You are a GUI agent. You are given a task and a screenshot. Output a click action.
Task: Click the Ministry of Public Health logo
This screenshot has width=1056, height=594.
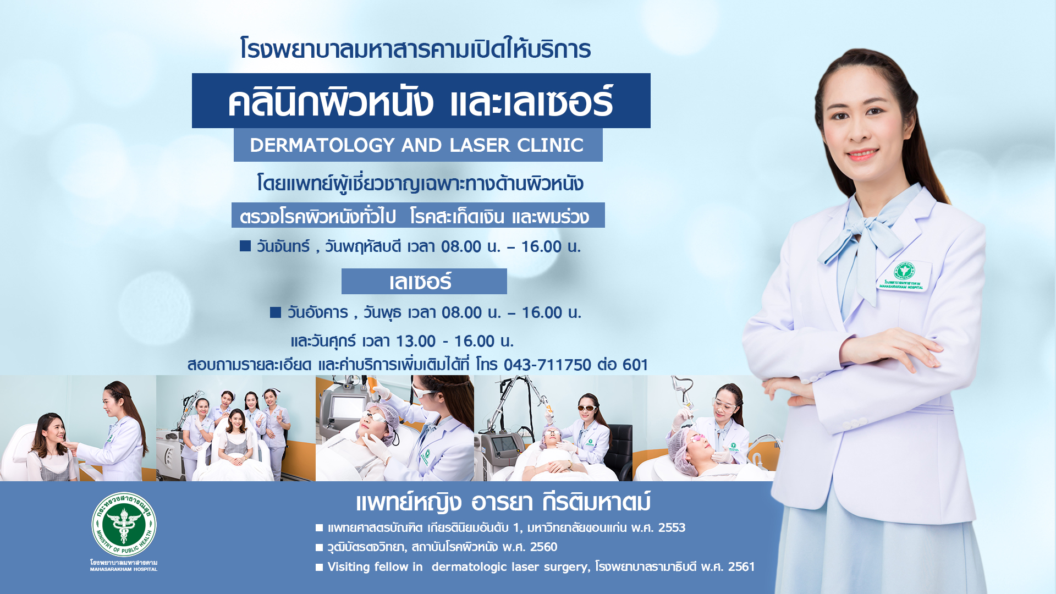(124, 524)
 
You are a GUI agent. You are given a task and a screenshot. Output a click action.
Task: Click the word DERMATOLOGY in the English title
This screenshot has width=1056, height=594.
(322, 145)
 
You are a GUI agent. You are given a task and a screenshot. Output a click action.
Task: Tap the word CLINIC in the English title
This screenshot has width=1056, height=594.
(550, 145)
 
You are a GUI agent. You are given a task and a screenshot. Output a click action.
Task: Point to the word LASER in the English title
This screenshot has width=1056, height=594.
(480, 145)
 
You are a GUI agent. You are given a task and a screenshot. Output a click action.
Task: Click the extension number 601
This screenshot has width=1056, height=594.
(635, 365)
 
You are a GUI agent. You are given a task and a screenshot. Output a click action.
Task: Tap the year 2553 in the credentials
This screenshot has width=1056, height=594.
(672, 527)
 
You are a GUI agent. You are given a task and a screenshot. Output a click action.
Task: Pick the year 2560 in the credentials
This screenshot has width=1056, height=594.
(543, 547)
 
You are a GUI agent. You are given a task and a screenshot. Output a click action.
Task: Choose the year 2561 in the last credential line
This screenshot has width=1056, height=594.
(741, 566)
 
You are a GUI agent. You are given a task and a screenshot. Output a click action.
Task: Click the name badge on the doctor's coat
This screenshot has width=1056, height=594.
(903, 277)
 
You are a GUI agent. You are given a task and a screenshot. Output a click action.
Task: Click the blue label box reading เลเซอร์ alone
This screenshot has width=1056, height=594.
(424, 281)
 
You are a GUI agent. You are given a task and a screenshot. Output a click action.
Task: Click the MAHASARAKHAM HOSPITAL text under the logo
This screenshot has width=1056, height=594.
(124, 569)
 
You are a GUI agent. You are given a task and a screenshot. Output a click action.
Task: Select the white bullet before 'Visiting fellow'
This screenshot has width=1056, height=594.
(319, 567)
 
